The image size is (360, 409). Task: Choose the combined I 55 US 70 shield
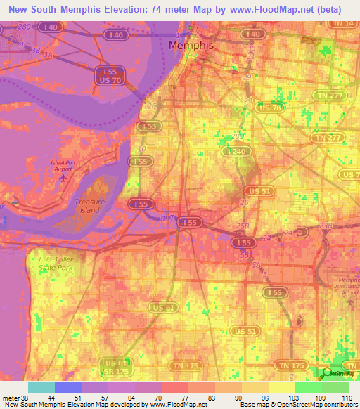pos(109,77)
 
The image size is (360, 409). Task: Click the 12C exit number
pos(150,106)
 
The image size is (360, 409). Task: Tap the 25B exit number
pos(243,226)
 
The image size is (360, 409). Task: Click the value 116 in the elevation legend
pos(345,398)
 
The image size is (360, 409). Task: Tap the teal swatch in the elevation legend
pos(41,387)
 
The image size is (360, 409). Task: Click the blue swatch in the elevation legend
pos(67,387)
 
